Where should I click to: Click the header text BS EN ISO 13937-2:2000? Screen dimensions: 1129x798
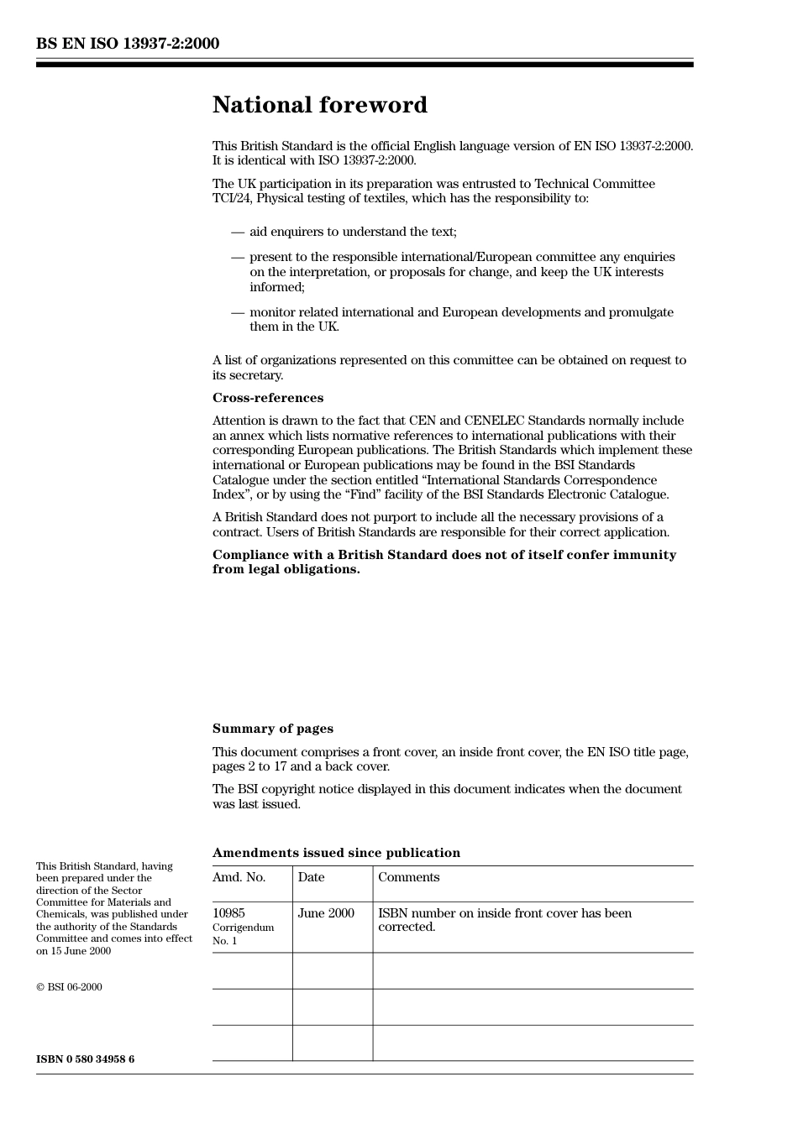128,44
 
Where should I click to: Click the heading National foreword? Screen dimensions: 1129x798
319,105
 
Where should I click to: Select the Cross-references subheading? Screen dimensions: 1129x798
267,398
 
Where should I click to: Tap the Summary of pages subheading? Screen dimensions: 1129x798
272,729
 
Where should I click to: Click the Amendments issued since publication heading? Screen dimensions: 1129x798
336,853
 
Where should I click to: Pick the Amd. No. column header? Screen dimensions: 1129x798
239,877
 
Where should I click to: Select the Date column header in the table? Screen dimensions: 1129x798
311,877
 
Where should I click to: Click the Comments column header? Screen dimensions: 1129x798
408,877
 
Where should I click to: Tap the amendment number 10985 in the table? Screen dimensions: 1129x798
228,913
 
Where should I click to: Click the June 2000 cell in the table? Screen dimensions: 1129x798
326,913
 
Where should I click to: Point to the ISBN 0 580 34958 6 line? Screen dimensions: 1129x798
85,1059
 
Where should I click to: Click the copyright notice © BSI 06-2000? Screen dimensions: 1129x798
69,987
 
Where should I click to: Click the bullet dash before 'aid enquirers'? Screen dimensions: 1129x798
238,232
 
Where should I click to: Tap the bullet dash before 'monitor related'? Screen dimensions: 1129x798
238,312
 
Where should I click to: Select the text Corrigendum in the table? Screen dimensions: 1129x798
243,928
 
